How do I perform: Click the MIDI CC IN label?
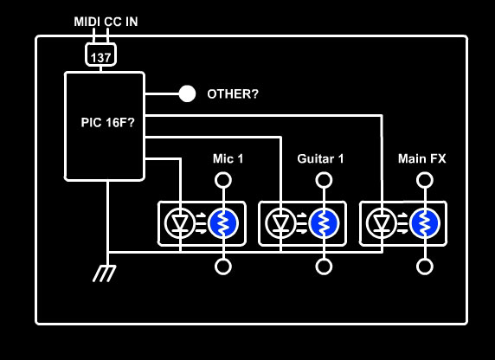106,22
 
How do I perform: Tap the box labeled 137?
100,55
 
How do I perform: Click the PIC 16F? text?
107,123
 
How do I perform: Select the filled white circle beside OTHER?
187,93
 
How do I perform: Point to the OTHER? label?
233,94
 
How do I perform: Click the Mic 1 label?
228,158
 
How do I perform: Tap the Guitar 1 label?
320,158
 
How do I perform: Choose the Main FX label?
421,158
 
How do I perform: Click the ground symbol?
105,273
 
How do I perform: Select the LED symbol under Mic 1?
180,223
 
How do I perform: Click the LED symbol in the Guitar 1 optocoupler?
280,223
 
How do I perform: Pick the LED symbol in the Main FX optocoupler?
382,223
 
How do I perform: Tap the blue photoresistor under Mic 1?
223,223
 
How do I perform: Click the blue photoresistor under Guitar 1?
324,223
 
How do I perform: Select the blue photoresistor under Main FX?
425,223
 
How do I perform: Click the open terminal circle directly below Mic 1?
223,180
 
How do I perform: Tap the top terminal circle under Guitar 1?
324,180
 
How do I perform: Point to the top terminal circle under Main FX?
425,180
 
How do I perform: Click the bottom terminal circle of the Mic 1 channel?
223,267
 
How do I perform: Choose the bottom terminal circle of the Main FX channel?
425,267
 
